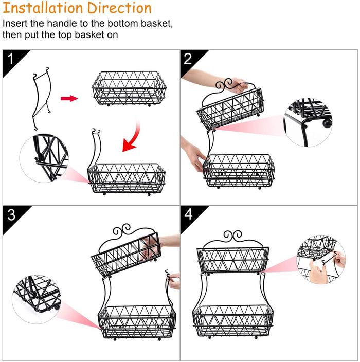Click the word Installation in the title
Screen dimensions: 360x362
[x=43, y=8]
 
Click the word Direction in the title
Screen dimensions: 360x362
[x=119, y=8]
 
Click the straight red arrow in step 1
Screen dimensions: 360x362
[x=69, y=98]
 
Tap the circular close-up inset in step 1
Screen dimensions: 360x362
[x=44, y=158]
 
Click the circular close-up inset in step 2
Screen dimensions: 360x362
[x=308, y=122]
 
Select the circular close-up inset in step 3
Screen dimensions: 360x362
[x=37, y=299]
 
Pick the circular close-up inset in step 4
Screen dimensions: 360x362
[x=321, y=259]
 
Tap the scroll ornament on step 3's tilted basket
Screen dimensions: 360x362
[x=122, y=230]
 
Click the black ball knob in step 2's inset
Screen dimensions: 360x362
[x=327, y=123]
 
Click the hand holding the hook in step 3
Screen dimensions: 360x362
[x=174, y=281]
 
